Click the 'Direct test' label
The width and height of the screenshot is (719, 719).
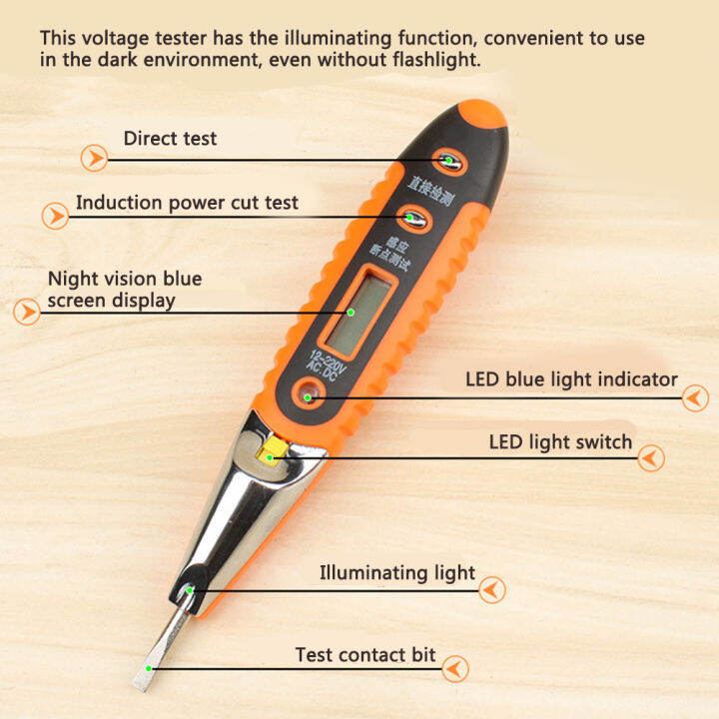(x=170, y=138)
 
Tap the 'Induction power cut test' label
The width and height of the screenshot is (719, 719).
(x=187, y=203)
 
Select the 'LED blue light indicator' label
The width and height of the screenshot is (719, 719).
(x=571, y=379)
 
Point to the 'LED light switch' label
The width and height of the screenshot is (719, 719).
(x=560, y=441)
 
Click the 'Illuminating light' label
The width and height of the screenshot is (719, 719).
(x=397, y=573)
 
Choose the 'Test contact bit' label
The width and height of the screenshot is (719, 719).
(x=365, y=655)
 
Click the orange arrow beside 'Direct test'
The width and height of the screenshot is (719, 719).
(x=94, y=158)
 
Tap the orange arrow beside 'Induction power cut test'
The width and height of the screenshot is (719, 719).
(x=55, y=216)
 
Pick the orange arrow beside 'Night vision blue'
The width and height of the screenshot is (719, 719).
(x=27, y=312)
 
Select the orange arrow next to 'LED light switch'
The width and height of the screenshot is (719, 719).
(x=651, y=458)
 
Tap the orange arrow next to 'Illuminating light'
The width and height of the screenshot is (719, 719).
(x=491, y=590)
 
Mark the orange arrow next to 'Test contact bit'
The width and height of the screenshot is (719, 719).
(x=454, y=669)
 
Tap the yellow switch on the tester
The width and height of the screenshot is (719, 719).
(x=268, y=455)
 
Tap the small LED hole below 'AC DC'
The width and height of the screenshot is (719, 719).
(x=310, y=397)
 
